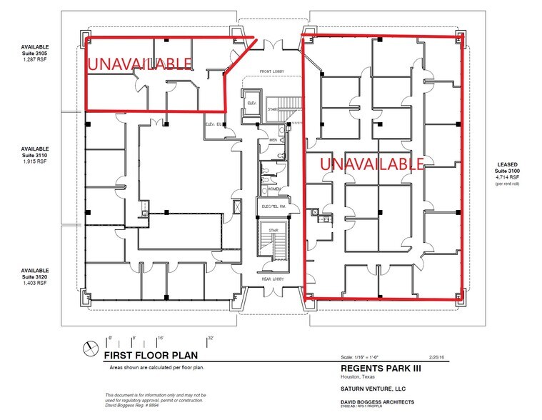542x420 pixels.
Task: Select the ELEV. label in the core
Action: (251, 102)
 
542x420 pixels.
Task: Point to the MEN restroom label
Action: (272, 140)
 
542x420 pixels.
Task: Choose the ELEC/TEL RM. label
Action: (273, 207)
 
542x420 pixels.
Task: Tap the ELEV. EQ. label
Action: (214, 124)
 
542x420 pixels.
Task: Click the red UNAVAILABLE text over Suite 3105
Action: (139, 64)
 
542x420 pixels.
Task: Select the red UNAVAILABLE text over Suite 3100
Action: (373, 164)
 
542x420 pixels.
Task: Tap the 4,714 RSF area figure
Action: (508, 178)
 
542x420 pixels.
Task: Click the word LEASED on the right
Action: (508, 164)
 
